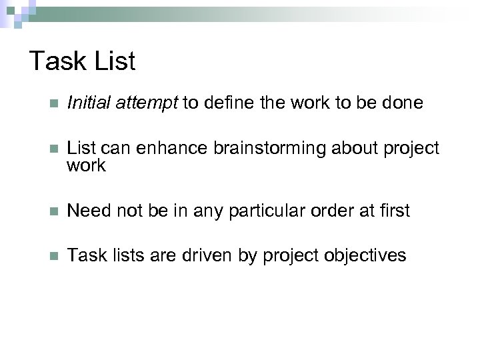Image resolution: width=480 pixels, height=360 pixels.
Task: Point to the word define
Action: point(230,103)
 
